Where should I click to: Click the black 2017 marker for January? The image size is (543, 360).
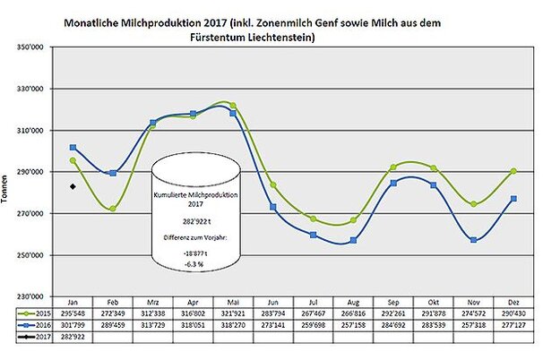(73, 186)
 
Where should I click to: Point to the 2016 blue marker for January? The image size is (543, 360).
(73, 147)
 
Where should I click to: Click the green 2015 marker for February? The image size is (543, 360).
(112, 209)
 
